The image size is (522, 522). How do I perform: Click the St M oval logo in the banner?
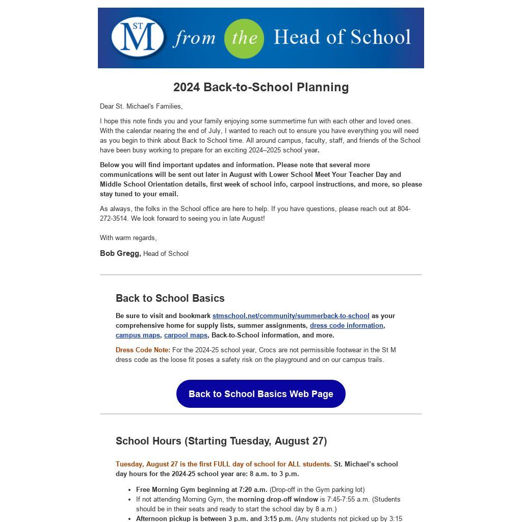138,37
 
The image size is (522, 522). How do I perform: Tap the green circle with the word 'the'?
244,39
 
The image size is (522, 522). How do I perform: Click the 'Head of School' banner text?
342,37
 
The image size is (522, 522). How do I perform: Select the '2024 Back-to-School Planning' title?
261,87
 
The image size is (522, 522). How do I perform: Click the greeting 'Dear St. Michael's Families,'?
141,107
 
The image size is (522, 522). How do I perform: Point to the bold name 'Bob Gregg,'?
120,253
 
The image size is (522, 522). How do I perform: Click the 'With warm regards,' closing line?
128,238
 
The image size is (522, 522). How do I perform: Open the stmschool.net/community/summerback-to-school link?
291,316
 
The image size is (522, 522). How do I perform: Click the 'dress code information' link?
346,326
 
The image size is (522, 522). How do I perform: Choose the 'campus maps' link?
138,335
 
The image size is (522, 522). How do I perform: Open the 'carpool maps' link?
186,335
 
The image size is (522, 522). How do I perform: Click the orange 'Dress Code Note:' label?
143,350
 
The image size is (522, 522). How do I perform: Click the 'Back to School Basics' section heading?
170,298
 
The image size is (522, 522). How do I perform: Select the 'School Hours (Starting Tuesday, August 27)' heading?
221,441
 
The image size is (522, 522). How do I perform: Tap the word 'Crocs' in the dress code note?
268,350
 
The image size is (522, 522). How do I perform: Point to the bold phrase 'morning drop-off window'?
278,500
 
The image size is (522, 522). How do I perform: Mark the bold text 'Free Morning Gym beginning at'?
183,490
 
